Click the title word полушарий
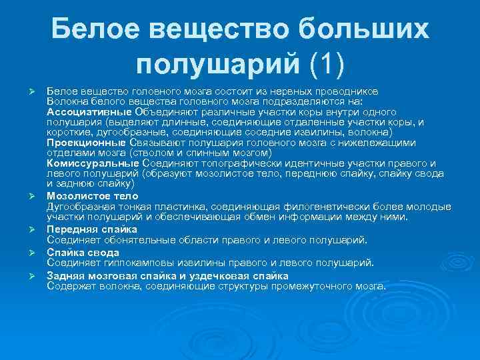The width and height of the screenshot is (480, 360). coord(218,65)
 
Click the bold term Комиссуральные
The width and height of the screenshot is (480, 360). coord(93,163)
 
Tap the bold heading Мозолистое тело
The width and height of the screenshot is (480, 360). coord(92,196)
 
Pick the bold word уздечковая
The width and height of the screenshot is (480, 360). coord(213,275)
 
